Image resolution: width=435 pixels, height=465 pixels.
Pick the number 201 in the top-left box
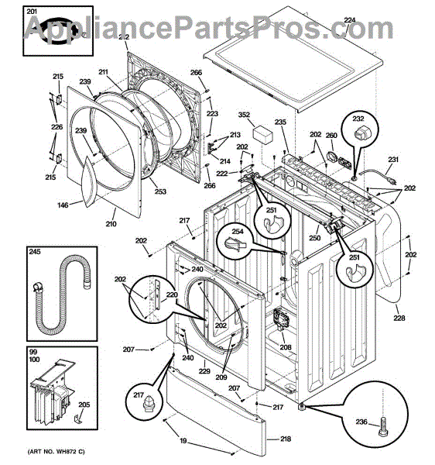click(31, 11)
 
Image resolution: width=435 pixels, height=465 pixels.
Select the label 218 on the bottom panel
click(285, 439)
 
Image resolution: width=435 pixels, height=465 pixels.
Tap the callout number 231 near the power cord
click(393, 161)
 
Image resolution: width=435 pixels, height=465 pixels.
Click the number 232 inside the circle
click(358, 119)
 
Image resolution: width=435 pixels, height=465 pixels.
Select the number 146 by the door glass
click(63, 205)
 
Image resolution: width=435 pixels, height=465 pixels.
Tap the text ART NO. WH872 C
click(57, 452)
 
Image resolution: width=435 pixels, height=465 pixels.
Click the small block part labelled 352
click(267, 134)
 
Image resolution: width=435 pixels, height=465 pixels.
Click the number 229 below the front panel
click(204, 372)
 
